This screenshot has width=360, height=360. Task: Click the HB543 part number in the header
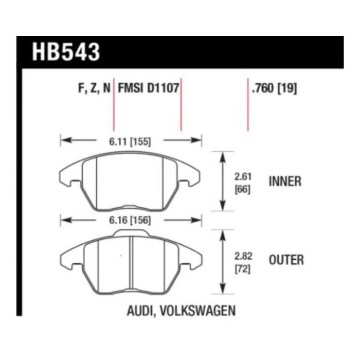click(66, 52)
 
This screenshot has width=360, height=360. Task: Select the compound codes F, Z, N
click(94, 88)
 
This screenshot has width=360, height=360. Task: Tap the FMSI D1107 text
click(148, 88)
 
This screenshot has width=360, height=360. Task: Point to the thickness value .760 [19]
click(274, 88)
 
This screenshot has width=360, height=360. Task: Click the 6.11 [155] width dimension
click(130, 141)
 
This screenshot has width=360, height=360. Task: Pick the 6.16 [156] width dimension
click(130, 221)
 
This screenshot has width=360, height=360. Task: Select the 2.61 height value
click(243, 177)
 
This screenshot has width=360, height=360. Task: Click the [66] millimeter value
click(242, 190)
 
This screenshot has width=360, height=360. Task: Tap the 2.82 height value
click(243, 256)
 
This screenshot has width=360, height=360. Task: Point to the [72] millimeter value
click(242, 269)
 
